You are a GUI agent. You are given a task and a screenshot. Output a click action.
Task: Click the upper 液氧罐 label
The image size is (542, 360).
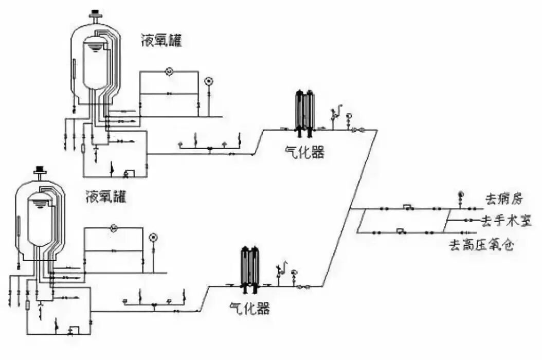click(x=161, y=41)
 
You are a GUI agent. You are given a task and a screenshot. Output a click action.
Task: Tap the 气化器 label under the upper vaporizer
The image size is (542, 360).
click(x=305, y=152)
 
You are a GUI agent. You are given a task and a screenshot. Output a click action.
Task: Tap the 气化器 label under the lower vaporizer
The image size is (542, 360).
click(x=249, y=309)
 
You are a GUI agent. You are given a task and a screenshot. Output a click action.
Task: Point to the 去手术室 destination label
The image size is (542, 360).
click(x=503, y=221)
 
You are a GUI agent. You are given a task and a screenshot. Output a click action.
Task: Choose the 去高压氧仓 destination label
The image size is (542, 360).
click(x=481, y=245)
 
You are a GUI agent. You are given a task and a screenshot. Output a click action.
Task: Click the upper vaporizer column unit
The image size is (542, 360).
click(x=304, y=113)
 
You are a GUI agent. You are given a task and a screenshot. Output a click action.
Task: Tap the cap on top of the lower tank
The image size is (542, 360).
click(x=39, y=171)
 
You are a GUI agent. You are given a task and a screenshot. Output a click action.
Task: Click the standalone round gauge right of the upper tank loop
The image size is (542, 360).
click(x=208, y=81)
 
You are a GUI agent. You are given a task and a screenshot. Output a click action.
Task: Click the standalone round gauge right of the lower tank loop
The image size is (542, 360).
click(x=152, y=237)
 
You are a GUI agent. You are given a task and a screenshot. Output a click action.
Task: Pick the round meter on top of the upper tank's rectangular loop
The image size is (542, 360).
click(x=168, y=71)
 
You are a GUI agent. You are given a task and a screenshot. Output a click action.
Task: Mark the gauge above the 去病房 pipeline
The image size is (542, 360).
click(x=461, y=195)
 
